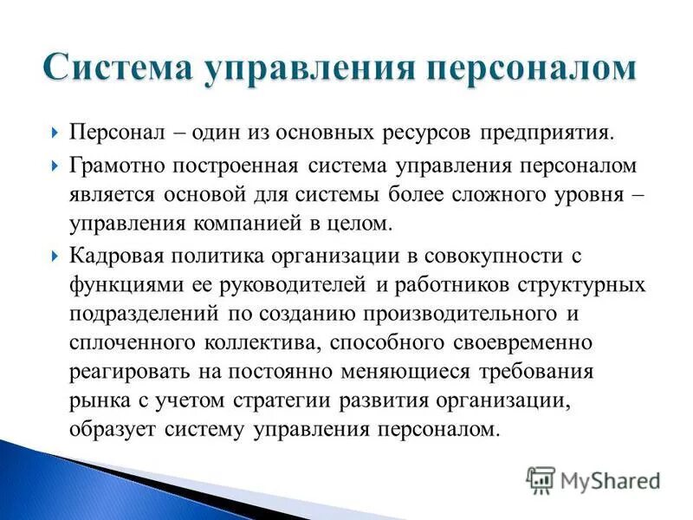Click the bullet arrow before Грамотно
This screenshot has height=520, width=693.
(x=54, y=165)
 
